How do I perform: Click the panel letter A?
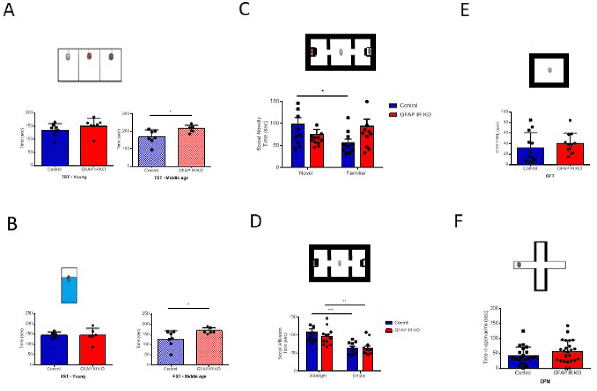pos(9,10)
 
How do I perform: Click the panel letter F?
pos(459,221)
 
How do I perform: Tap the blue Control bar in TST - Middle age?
pos(152,151)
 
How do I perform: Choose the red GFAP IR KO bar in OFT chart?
pos(570,154)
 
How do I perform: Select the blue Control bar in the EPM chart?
pos(523,362)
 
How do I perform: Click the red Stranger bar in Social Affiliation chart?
pos(327,353)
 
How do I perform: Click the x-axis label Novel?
pos(306,173)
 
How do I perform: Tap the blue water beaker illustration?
pos(69,285)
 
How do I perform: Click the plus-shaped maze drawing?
pos(540,266)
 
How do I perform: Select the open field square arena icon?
pos(549,70)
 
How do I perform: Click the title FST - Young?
pos(73,376)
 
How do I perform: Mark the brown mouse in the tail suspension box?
pos(89,56)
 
